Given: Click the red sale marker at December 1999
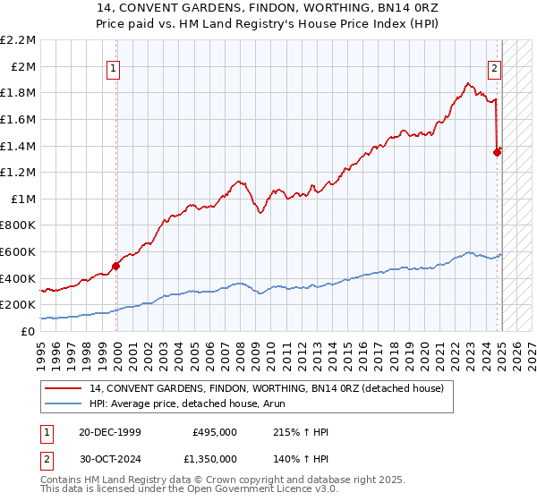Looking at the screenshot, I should [115, 265].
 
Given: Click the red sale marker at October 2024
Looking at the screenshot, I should [498, 152].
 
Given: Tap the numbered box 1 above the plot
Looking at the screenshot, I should [115, 66].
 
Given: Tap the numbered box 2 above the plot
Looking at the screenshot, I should [494, 66].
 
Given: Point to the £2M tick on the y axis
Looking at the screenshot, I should [24, 66].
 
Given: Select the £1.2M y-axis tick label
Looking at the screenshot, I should [20, 172].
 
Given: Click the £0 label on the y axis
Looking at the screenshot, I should [28, 331].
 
